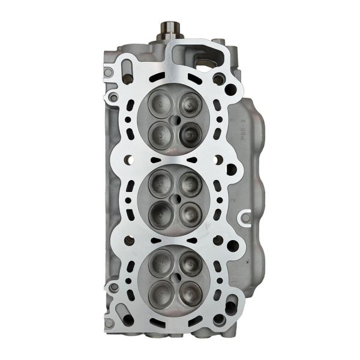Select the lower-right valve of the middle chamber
click(190, 211)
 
